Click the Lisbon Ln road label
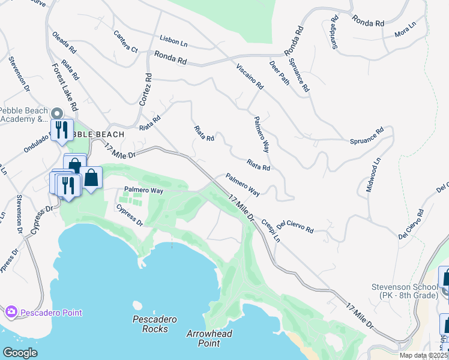point(173,41)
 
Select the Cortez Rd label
point(145,91)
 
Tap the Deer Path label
point(279,73)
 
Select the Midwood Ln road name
point(373,175)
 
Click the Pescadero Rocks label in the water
point(154,324)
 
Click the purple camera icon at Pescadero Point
point(11,311)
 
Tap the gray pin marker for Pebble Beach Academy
point(57,113)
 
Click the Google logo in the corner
point(20,353)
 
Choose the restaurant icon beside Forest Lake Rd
point(61,130)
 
